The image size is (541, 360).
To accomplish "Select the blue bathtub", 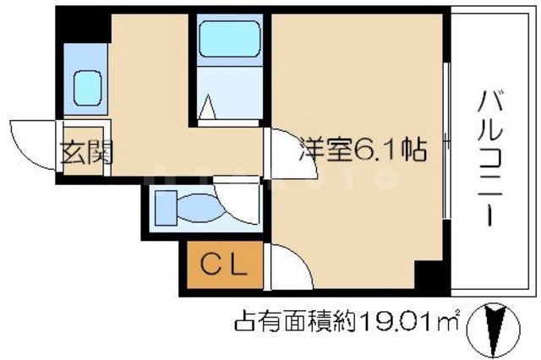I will (229, 40).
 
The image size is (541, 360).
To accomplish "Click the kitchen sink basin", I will (86, 85).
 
